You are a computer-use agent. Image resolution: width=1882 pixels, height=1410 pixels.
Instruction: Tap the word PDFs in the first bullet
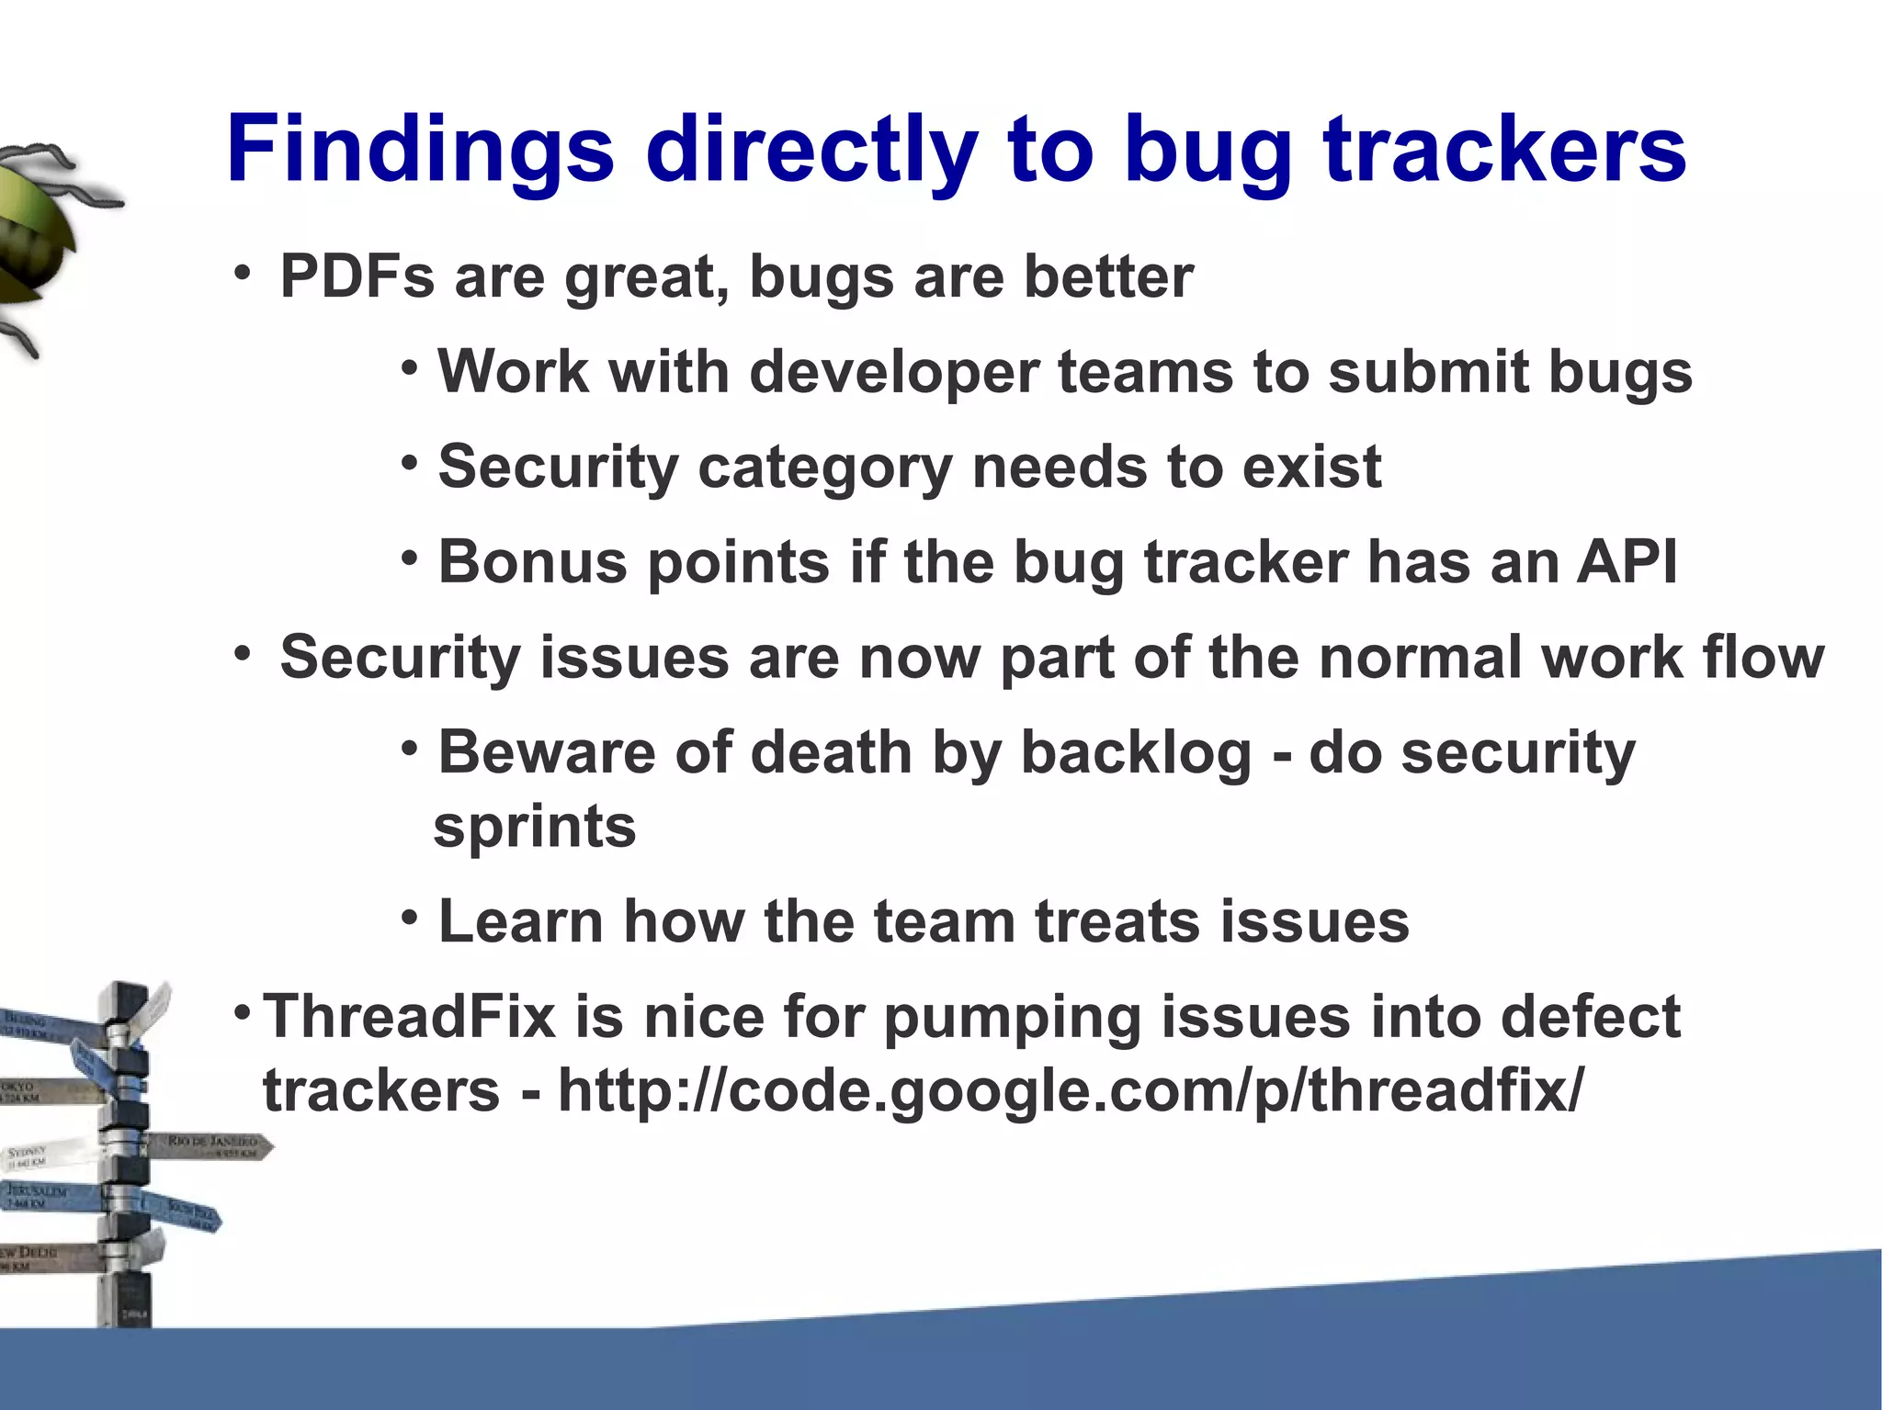[357, 276]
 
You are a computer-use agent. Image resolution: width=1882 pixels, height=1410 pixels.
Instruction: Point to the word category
[824, 468]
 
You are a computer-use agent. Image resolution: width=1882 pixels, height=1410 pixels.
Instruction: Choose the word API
[1627, 561]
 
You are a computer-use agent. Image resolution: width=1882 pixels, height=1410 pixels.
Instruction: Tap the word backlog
[1136, 753]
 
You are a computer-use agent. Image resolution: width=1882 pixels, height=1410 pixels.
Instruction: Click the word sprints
[535, 827]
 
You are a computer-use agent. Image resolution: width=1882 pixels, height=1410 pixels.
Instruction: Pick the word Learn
[521, 921]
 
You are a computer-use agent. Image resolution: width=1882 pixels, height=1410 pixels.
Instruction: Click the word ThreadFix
[410, 1017]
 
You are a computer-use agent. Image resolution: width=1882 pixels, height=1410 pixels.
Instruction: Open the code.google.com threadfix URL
[1071, 1090]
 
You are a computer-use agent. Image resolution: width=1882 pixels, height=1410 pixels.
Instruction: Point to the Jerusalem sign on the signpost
[41, 1196]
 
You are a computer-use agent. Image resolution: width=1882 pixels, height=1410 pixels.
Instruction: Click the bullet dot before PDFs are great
[242, 273]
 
